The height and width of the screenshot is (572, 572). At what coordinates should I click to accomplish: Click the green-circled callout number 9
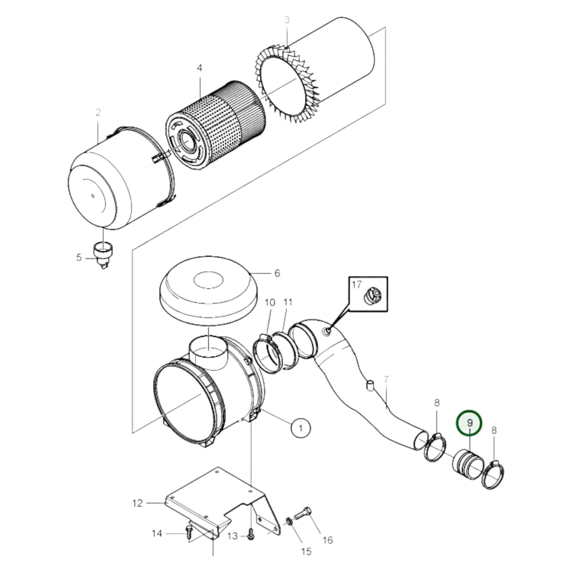[469, 423]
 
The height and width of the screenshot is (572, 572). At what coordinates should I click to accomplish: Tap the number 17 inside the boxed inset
[357, 284]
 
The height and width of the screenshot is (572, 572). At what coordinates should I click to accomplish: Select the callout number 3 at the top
[287, 20]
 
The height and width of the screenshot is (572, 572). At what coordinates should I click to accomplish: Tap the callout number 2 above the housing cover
[98, 112]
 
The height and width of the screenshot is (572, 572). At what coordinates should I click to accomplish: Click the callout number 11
[288, 302]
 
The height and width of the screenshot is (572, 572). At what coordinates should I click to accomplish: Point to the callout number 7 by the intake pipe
[386, 380]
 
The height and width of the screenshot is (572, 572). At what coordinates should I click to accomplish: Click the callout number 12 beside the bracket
[137, 503]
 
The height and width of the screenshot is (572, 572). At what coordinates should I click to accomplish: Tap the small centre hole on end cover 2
[92, 195]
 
